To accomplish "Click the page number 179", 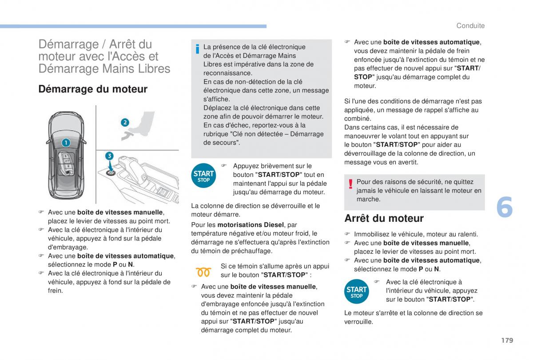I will coord(506,340).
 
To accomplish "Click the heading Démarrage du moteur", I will coord(93,89).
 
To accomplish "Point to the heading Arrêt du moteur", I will coord(384,218).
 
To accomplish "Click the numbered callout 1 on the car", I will coord(66,143).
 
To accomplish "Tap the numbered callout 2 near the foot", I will coord(125,122).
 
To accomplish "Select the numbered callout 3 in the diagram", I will coord(109,156).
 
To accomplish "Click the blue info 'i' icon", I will coord(197,49).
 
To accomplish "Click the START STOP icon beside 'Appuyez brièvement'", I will coord(203,176).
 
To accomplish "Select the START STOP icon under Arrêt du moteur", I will coord(356,292).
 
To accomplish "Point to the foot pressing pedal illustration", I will coord(140,126).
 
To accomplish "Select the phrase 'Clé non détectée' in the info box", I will coord(281,134).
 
